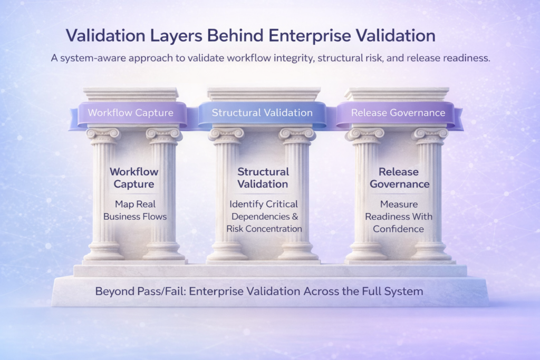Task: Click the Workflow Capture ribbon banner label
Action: click(x=131, y=113)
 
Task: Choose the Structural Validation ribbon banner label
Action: click(x=262, y=113)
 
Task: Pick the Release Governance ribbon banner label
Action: click(x=398, y=113)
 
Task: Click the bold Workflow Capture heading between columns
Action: click(x=134, y=178)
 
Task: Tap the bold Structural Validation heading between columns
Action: click(x=263, y=178)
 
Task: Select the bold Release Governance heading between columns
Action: click(x=399, y=178)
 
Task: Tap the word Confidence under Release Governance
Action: click(x=399, y=229)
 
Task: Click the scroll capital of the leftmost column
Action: click(x=103, y=135)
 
